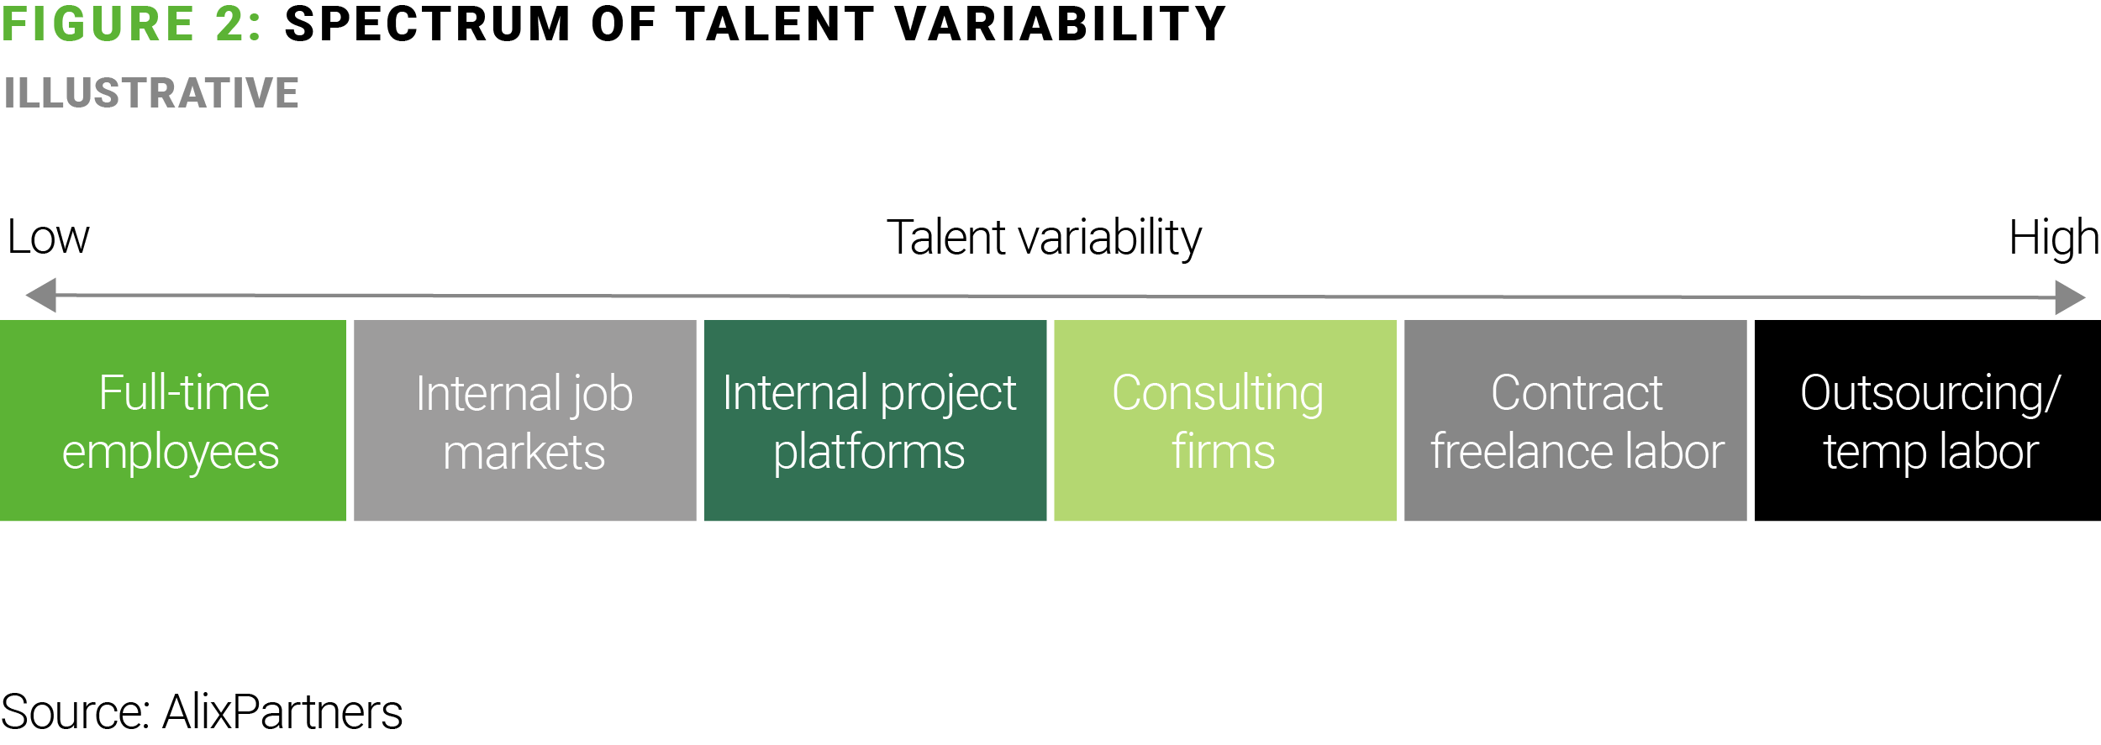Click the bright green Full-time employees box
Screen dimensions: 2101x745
point(173,420)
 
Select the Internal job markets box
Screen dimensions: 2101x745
point(525,420)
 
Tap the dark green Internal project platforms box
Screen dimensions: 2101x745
point(875,420)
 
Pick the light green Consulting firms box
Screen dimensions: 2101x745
point(1225,420)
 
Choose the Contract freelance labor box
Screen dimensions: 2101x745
point(1576,420)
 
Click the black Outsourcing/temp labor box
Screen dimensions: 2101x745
point(1928,420)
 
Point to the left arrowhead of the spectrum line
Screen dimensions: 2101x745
point(40,296)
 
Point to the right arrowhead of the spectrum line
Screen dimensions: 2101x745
point(2071,297)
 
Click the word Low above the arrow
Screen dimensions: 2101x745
point(48,238)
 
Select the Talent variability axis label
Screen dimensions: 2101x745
point(1045,239)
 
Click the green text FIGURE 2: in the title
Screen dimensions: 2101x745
point(131,24)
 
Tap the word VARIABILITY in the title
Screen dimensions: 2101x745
point(1061,24)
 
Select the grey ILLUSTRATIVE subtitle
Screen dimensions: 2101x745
point(151,93)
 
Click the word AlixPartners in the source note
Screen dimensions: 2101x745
point(282,712)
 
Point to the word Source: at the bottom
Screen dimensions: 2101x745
point(76,712)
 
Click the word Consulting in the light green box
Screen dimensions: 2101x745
point(1218,395)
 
